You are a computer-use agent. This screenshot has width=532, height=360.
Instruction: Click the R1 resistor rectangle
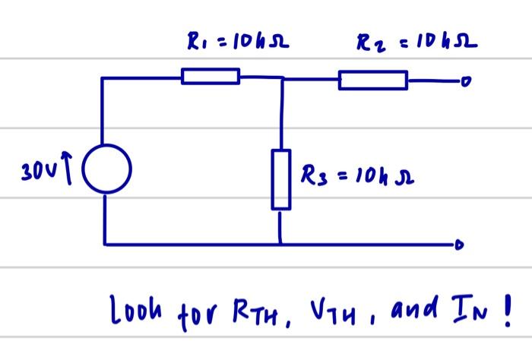pyautogui.click(x=211, y=75)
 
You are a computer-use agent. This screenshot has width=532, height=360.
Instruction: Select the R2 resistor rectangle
pyautogui.click(x=372, y=79)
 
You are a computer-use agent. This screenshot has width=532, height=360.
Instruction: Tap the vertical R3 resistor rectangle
pyautogui.click(x=281, y=180)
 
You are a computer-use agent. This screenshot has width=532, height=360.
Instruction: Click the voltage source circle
pyautogui.click(x=106, y=168)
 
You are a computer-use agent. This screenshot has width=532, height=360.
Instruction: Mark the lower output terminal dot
pyautogui.click(x=458, y=245)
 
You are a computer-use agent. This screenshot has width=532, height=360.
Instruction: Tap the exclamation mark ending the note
pyautogui.click(x=505, y=308)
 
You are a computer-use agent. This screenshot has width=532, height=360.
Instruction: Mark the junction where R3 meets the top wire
pyautogui.click(x=282, y=77)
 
